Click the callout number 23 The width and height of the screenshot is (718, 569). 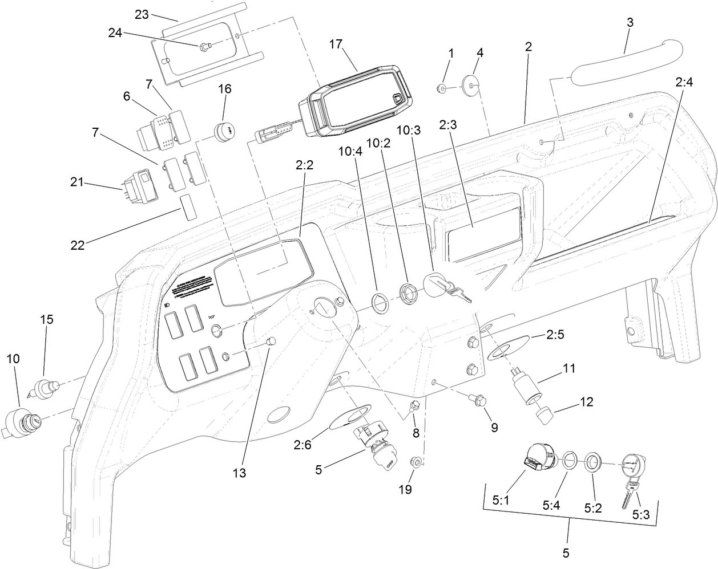tap(142, 14)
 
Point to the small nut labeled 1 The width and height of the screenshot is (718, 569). tap(441, 88)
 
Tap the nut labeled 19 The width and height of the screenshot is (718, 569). tap(417, 461)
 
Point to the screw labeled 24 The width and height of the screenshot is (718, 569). tap(204, 46)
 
